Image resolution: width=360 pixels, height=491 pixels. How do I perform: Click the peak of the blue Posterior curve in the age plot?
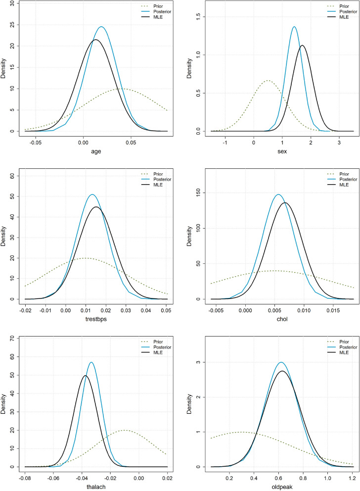pyautogui.click(x=101, y=27)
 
